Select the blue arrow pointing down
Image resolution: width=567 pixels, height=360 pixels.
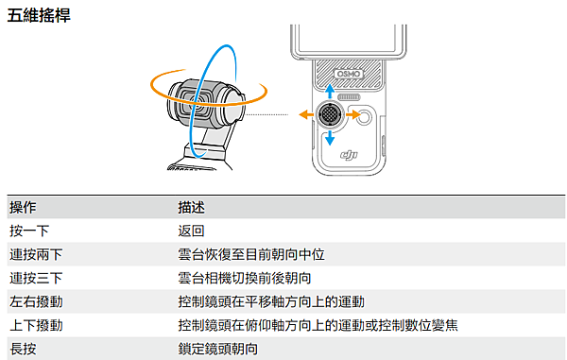click(x=330, y=137)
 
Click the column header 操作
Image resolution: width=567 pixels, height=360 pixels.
click(x=23, y=207)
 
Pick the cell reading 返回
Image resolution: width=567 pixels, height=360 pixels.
click(x=192, y=231)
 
